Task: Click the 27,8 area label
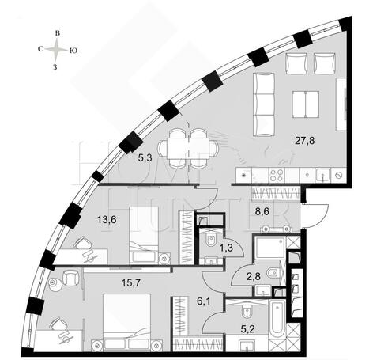tap(305, 141)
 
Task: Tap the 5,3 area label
tap(145, 158)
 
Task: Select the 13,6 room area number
tap(107, 219)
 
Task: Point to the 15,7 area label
tap(131, 283)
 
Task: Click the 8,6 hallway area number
tap(262, 211)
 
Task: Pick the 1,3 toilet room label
tap(226, 248)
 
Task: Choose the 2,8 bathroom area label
tap(254, 277)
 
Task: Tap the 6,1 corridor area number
tap(204, 301)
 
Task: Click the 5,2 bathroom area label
tap(248, 329)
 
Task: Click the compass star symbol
tap(56, 50)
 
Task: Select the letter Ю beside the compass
tap(73, 51)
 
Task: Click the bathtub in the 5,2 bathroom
tap(277, 318)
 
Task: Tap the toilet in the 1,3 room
tap(211, 241)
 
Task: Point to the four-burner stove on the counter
tap(277, 175)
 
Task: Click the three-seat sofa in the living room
tap(264, 104)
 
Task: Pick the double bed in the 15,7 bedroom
tap(126, 322)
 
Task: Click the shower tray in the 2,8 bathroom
tap(269, 248)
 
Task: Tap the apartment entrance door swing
tap(315, 217)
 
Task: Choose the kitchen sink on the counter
tap(324, 175)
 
